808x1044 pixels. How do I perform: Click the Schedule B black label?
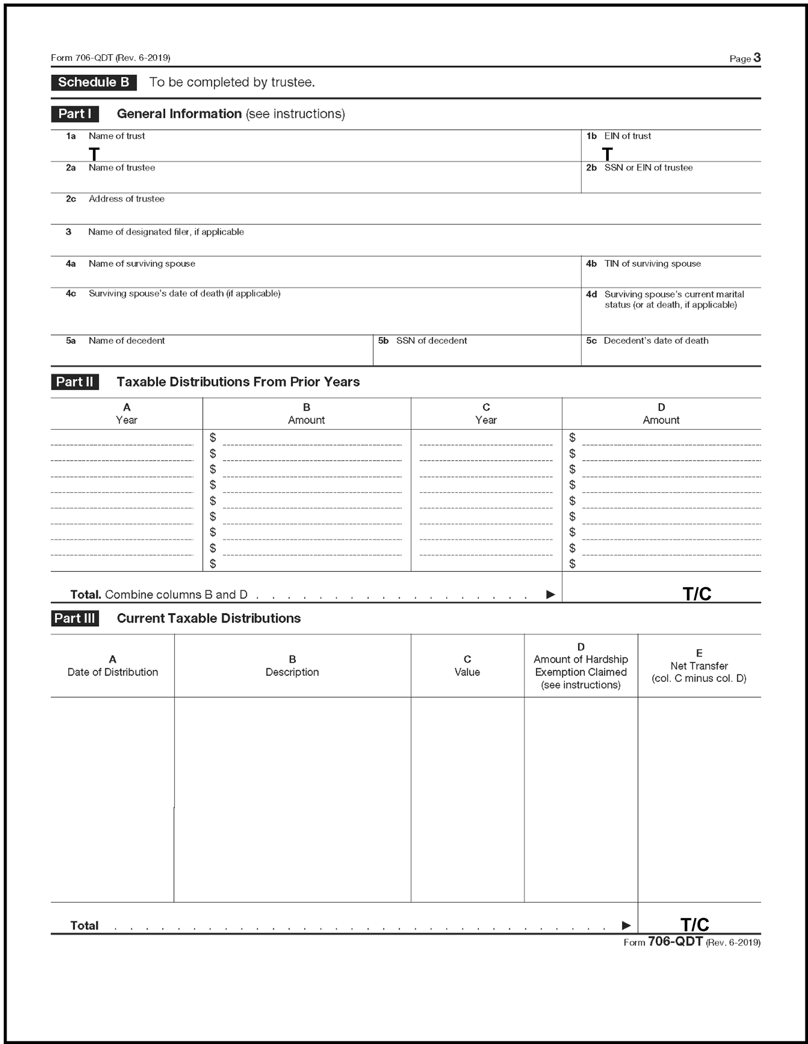pos(94,82)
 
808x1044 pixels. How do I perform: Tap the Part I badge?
pos(75,114)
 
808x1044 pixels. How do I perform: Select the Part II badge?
pos(75,382)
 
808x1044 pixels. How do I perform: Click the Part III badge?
pos(75,618)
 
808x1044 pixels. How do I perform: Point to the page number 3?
pos(757,58)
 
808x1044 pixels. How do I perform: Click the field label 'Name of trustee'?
pos(121,168)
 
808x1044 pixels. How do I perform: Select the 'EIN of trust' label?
pos(627,136)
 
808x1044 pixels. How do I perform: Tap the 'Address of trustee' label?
pos(126,199)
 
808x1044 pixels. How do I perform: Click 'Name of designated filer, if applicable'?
pos(166,232)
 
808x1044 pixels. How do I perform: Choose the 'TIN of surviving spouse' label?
pos(652,264)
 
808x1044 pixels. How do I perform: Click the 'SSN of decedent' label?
pos(431,341)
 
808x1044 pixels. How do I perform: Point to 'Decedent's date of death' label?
pos(656,341)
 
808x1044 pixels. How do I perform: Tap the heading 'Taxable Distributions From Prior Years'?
pos(238,382)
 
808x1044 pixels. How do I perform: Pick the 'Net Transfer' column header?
pos(699,666)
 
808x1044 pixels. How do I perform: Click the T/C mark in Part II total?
pos(697,594)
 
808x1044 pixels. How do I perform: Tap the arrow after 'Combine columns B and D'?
pos(550,595)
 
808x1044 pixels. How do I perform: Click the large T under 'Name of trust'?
pos(94,154)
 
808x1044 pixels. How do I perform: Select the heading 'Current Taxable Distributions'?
pos(209,619)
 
